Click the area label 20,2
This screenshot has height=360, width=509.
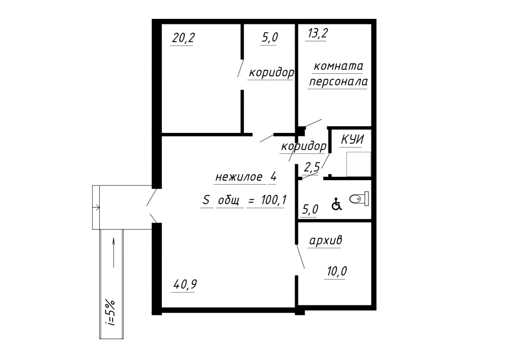tap(183, 38)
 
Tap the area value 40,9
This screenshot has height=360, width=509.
tap(185, 285)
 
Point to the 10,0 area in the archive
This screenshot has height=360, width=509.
tap(336, 271)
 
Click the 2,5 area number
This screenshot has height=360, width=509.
tap(312, 167)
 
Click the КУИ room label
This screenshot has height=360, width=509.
tap(352, 140)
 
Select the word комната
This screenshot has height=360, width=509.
tap(338, 66)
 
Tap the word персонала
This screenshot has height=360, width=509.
tap(338, 81)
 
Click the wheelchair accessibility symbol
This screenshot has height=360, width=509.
tap(336, 204)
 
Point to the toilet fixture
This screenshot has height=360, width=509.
tap(359, 199)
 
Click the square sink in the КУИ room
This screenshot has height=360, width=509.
tap(358, 164)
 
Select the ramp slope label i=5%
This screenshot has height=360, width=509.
tap(110, 312)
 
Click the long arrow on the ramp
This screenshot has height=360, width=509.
tap(114, 253)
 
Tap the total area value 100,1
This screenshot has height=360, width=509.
tap(274, 200)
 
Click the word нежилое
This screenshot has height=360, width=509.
tap(239, 177)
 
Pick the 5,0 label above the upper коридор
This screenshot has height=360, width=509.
tap(270, 38)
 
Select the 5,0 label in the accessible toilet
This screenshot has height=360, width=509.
tap(310, 210)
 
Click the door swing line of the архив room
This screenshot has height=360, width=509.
tap(300, 257)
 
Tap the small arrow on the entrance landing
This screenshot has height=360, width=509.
tap(96, 207)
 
